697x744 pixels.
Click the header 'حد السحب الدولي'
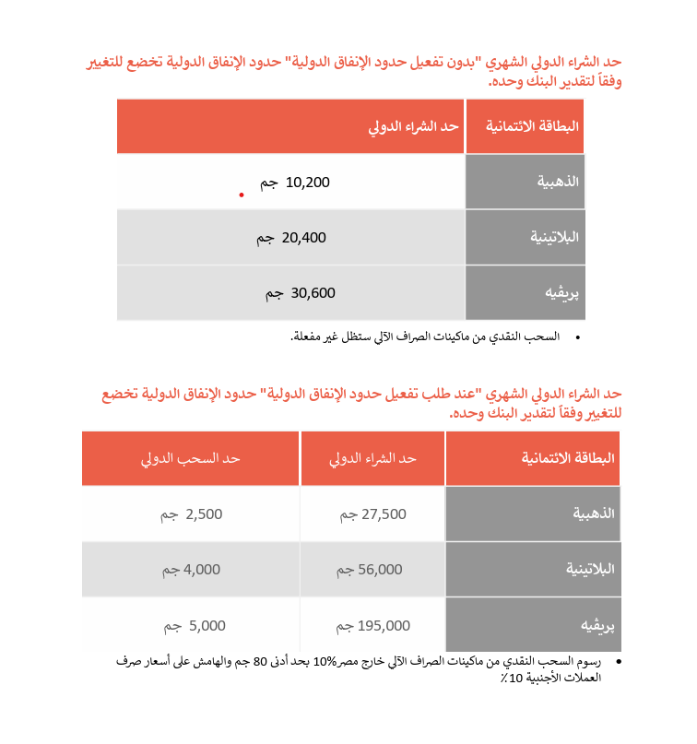pyautogui.click(x=190, y=458)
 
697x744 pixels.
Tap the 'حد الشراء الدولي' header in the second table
pyautogui.click(x=373, y=458)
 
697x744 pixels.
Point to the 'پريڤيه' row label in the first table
pyautogui.click(x=562, y=293)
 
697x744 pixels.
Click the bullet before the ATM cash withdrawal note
pyautogui.click(x=578, y=338)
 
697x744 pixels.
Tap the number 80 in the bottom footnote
pyautogui.click(x=263, y=661)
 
